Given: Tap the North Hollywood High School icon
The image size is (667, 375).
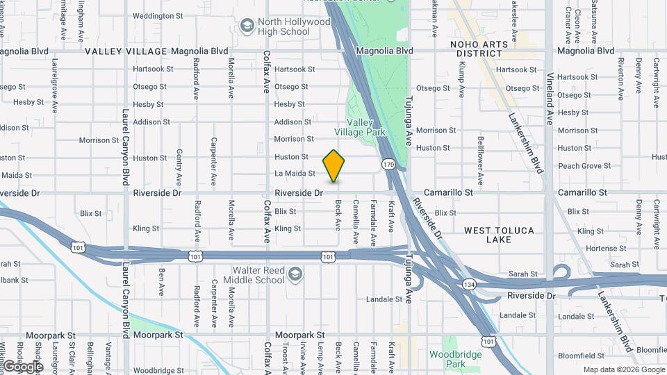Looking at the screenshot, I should point(246,26).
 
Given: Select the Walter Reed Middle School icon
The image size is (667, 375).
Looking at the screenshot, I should point(295,274).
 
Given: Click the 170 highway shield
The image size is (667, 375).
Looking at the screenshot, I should point(388,165).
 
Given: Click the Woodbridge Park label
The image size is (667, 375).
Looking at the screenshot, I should point(446,358).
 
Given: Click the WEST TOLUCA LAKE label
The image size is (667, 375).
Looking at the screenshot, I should point(499,235).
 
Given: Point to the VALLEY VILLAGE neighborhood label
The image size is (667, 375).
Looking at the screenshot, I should point(126,51).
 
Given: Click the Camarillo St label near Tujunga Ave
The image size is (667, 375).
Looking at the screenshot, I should point(449,192).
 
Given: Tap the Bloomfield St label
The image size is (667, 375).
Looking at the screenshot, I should point(580,355).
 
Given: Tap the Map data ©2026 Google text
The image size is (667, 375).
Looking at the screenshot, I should point(623,369).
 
